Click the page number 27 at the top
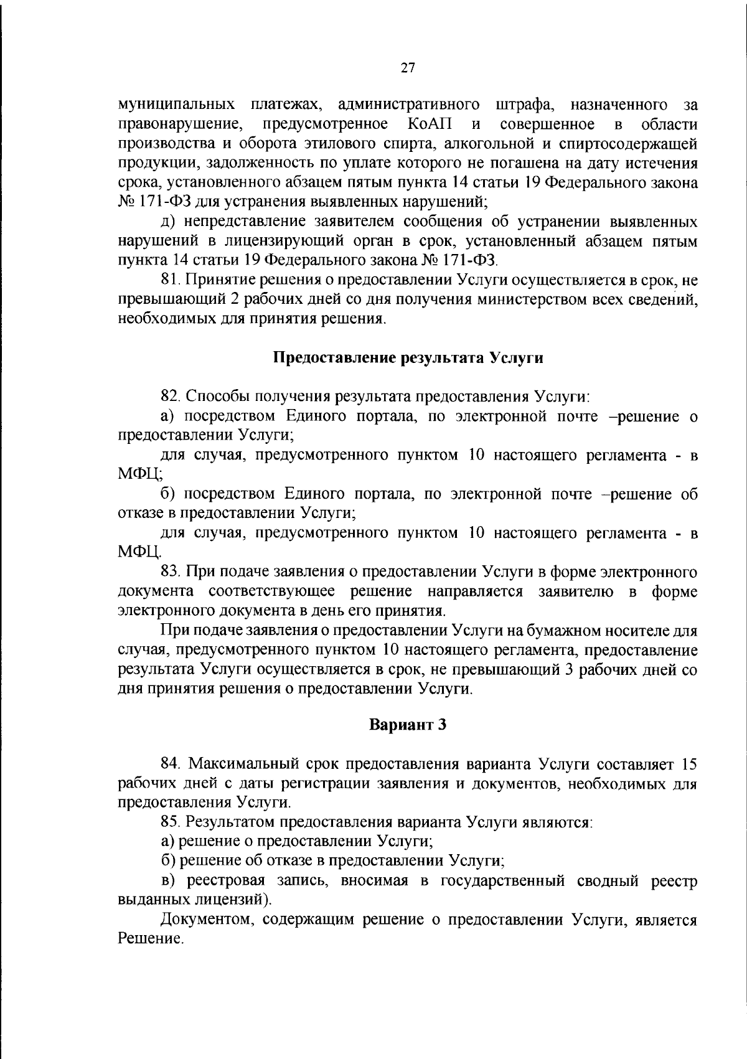[408, 68]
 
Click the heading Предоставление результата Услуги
[408, 358]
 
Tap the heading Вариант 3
[408, 725]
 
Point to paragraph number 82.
[169, 397]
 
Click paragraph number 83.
[169, 572]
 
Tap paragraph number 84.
[169, 763]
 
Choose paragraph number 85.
[169, 822]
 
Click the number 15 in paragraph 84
[688, 763]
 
